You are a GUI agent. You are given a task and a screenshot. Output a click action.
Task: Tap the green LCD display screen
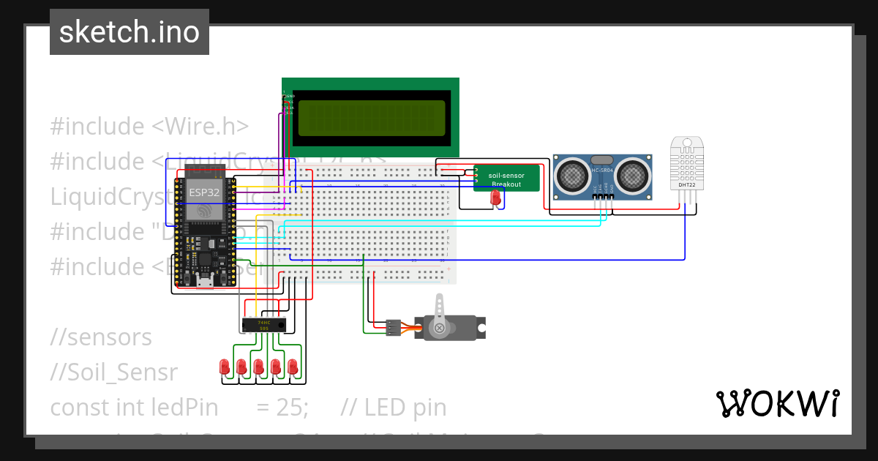tap(371, 114)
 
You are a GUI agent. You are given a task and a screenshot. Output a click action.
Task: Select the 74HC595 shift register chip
tap(264, 325)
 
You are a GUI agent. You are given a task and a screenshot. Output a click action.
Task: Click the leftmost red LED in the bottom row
tap(224, 365)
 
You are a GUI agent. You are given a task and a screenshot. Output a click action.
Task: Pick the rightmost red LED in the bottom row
tap(293, 365)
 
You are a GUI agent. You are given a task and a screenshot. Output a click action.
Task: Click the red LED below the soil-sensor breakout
tap(495, 197)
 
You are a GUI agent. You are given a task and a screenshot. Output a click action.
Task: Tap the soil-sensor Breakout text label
tap(506, 179)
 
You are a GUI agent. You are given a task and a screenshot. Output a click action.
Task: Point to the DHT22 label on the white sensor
tap(686, 184)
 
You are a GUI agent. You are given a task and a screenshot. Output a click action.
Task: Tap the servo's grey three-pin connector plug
tap(394, 327)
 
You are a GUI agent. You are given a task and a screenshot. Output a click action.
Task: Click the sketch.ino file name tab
tap(130, 32)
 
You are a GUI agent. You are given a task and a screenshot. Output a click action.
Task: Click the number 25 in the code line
tap(290, 408)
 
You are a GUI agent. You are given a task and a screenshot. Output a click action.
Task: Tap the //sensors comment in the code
tap(101, 337)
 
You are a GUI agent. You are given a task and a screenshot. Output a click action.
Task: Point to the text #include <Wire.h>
tap(149, 127)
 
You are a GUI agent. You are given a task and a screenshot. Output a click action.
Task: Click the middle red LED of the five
tap(258, 365)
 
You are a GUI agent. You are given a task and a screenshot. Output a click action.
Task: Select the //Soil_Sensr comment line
tap(113, 372)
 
